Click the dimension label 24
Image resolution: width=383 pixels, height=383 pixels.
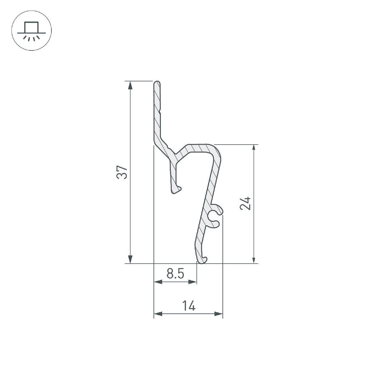pos(246,204)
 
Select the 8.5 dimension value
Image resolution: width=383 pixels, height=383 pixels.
pos(176,274)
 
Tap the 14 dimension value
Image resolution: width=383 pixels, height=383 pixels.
pos(189,306)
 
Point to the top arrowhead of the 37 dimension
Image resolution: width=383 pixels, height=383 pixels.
pos(130,86)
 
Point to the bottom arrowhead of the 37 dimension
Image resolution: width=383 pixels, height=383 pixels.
pos(130,259)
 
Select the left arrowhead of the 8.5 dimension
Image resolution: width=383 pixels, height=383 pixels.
pos(158,282)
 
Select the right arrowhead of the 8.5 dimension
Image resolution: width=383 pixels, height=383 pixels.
pos(193,282)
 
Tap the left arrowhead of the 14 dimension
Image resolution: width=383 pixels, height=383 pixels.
pos(158,314)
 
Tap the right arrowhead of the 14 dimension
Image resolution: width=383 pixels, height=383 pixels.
pos(219,314)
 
